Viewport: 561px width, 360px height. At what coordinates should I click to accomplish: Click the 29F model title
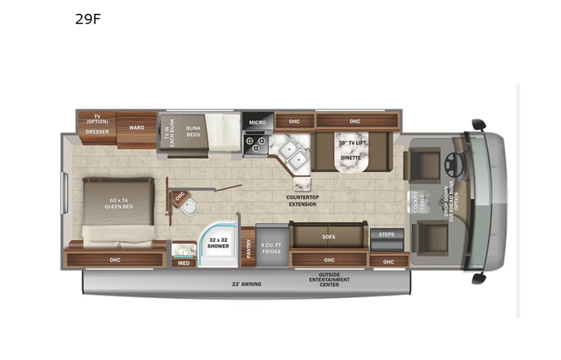point(88,20)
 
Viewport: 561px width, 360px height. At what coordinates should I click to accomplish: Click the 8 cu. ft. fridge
point(272,245)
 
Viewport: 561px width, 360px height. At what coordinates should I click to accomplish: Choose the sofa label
point(328,237)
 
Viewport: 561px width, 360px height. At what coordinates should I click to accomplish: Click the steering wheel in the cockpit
point(450,163)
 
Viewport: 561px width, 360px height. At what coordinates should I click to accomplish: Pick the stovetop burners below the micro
point(256,144)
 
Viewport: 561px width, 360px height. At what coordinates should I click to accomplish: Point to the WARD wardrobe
point(136,127)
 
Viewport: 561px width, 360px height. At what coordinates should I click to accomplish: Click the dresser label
point(97,132)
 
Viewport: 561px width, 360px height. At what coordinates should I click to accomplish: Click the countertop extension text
point(302,199)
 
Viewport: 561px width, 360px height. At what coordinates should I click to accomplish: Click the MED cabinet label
point(183,263)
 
